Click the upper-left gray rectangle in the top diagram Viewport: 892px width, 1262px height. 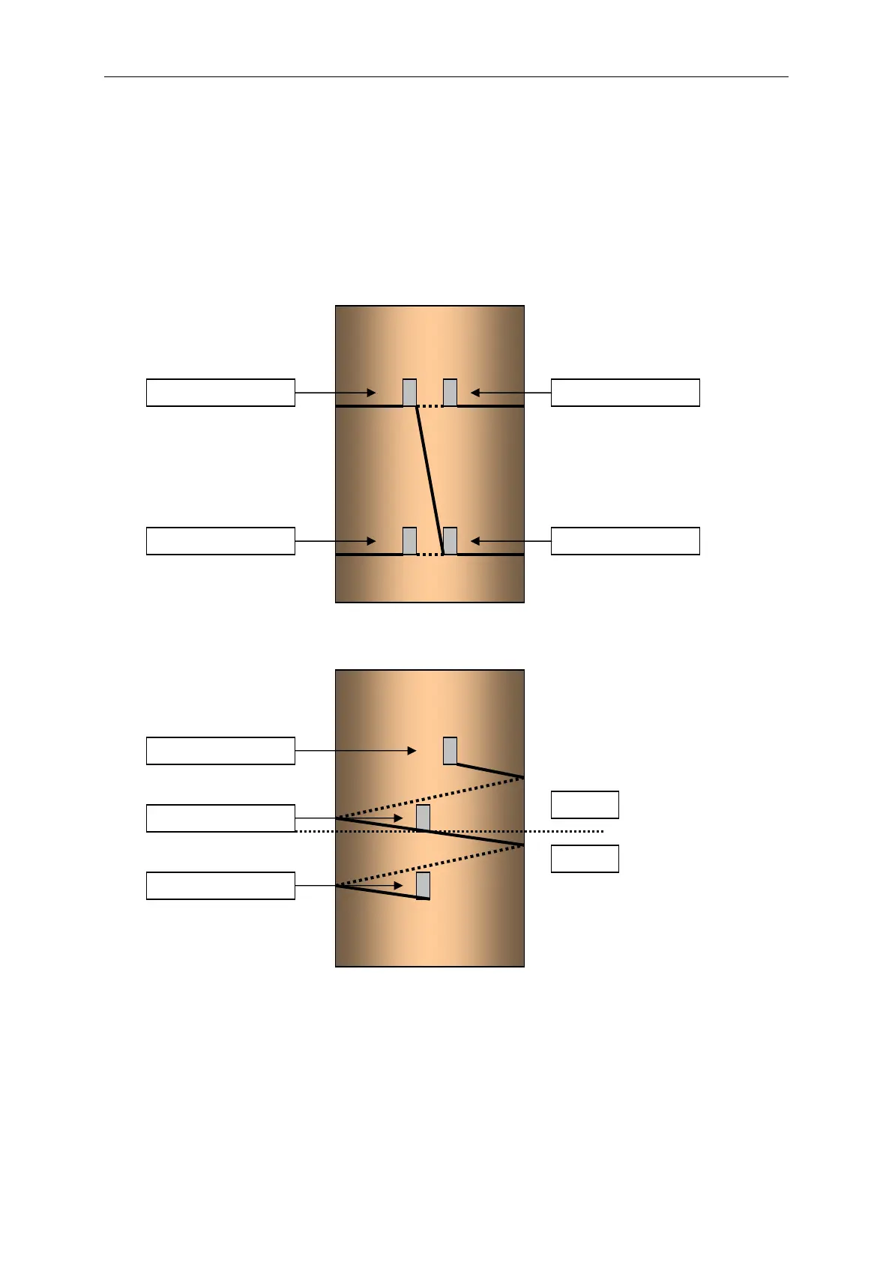tap(409, 393)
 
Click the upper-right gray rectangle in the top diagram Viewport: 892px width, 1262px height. tap(450, 393)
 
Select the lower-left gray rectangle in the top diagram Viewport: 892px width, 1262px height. tap(409, 541)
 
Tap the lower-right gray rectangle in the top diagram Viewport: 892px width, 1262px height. tap(450, 541)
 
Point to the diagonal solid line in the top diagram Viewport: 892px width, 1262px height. tap(430, 480)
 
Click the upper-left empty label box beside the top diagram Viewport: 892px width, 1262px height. tap(220, 393)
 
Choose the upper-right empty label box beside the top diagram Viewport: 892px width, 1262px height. tap(625, 393)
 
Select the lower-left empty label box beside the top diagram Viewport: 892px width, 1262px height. tap(220, 541)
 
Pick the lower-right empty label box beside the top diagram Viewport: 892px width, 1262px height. tap(625, 541)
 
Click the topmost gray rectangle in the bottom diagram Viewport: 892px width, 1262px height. tap(450, 751)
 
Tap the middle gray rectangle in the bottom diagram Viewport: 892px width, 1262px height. tap(423, 818)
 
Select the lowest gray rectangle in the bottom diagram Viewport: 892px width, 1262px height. tap(423, 885)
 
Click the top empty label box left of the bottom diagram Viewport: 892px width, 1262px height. tap(220, 751)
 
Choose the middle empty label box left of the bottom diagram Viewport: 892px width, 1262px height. tap(220, 818)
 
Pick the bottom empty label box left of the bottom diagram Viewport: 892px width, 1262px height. tap(220, 886)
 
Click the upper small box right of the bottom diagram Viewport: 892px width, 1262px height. tap(585, 805)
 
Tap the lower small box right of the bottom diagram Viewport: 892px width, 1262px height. tap(585, 859)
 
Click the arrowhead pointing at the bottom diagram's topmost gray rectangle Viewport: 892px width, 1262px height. tap(412, 751)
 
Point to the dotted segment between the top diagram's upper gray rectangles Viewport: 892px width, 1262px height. tap(430, 405)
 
